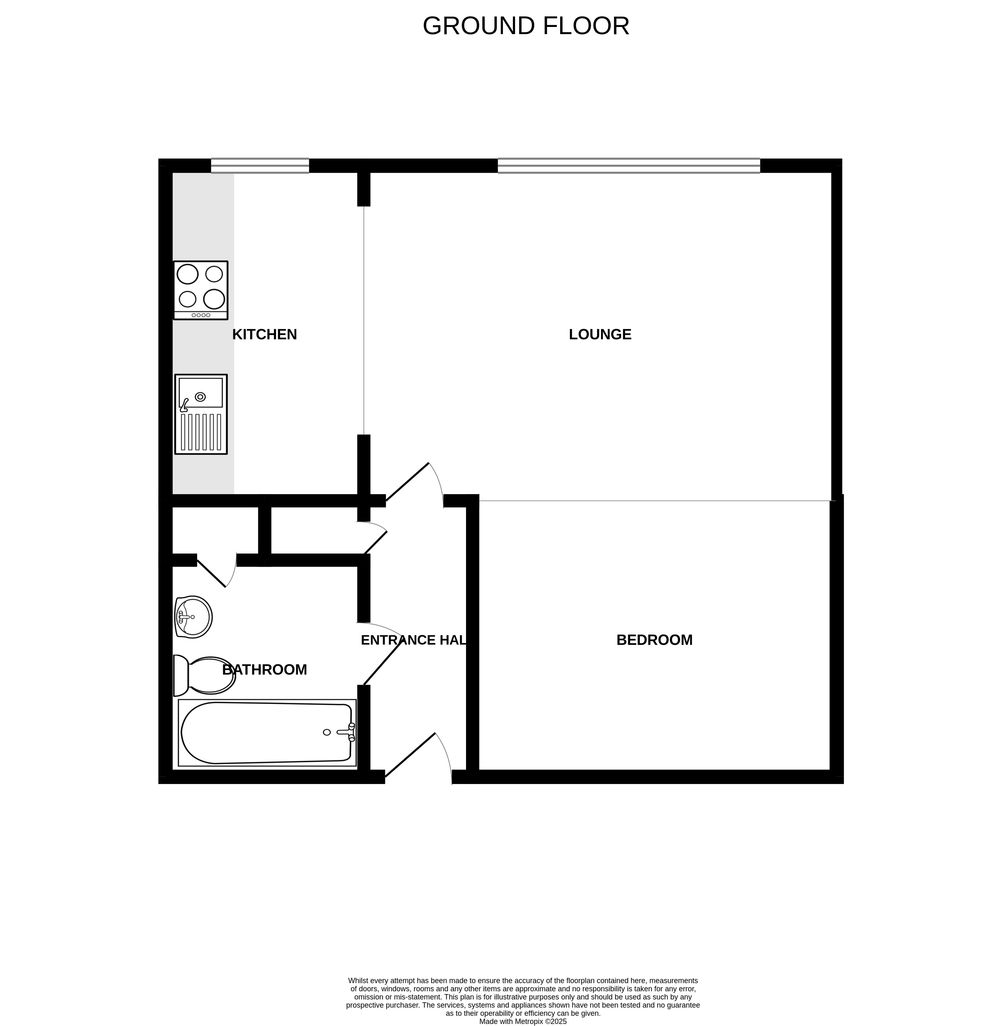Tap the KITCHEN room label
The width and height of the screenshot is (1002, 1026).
click(265, 334)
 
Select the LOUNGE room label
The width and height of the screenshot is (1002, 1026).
click(600, 334)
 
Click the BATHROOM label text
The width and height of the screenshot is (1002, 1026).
click(265, 670)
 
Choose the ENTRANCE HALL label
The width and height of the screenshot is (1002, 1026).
click(414, 640)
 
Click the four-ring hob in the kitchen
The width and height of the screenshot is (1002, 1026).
click(201, 290)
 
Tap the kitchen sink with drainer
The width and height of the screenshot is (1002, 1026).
click(201, 414)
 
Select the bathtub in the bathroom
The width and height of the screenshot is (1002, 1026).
click(267, 733)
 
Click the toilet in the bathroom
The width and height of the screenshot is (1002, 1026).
click(204, 675)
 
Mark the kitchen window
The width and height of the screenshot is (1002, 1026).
click(260, 166)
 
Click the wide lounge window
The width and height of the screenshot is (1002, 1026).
click(629, 166)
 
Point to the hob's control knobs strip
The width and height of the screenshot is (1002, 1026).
click(201, 315)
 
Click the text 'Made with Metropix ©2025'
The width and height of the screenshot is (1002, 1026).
click(522, 1021)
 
